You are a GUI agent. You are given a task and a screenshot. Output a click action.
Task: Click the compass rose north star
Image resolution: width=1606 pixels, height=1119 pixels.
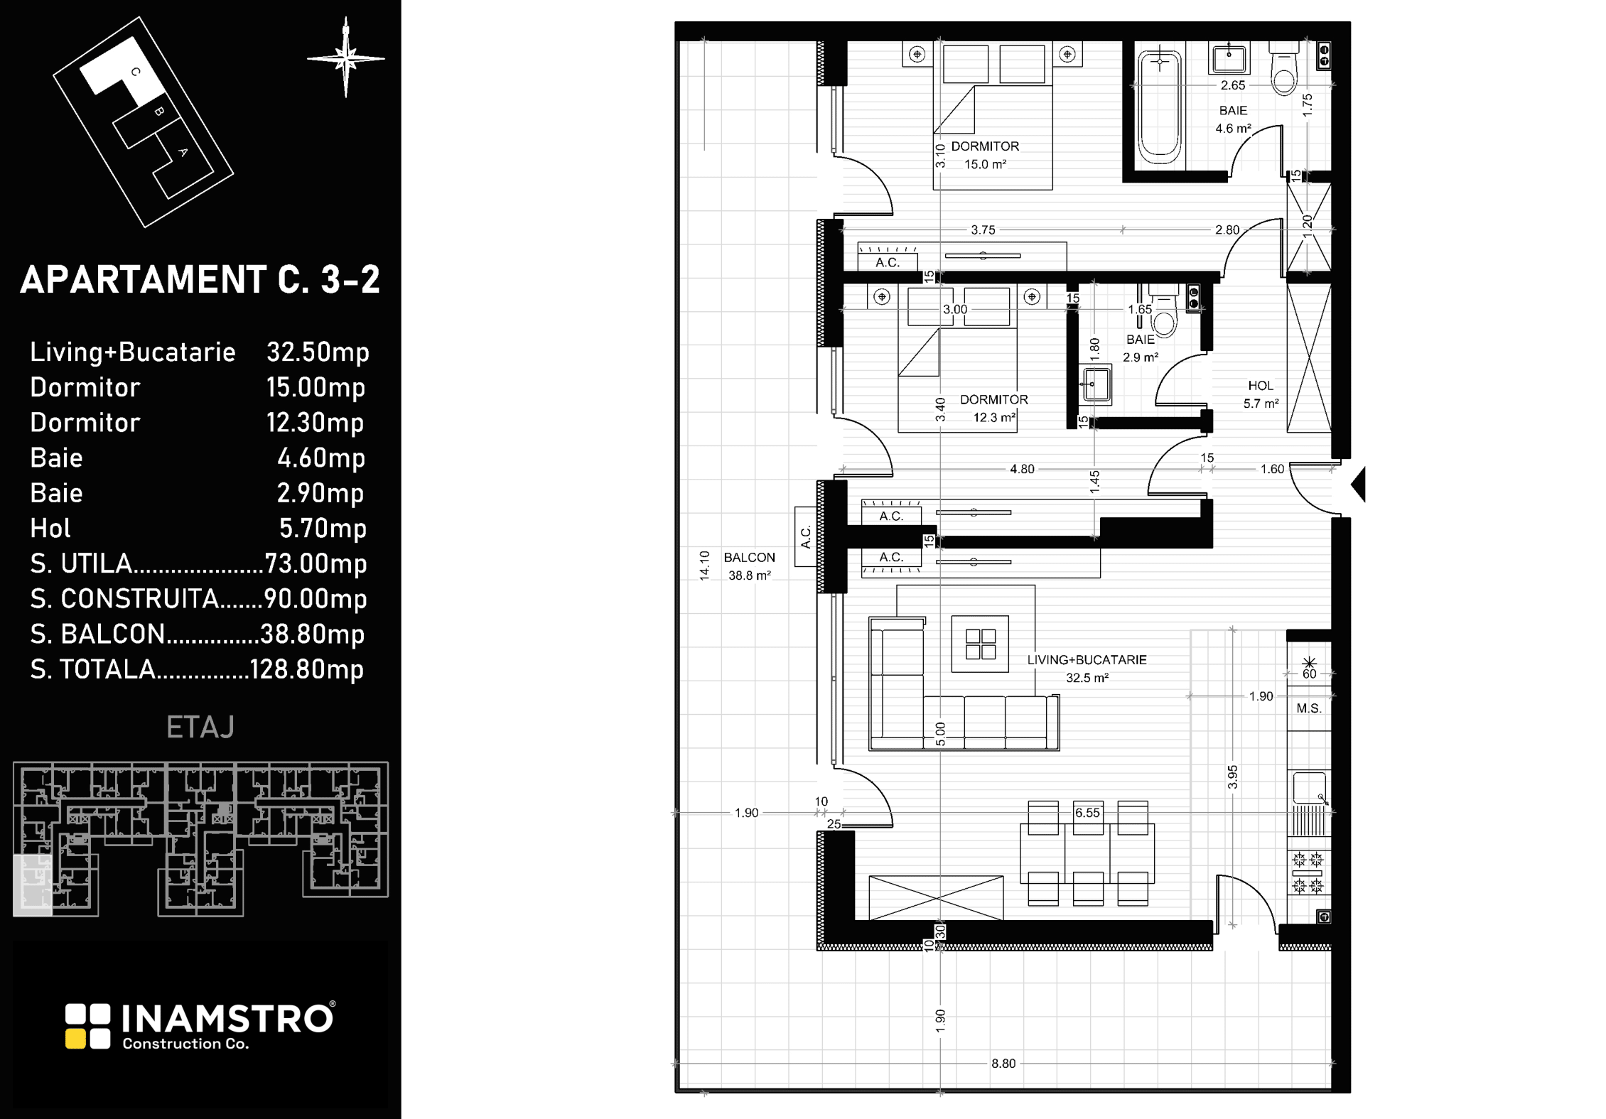point(346,58)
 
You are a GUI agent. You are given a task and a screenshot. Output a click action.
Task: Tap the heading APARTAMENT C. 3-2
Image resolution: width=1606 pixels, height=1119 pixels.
point(200,279)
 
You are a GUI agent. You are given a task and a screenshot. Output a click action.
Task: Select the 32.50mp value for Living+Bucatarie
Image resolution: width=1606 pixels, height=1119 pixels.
point(318,352)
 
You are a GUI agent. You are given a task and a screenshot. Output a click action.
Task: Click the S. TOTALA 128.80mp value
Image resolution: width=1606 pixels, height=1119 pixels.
point(307,669)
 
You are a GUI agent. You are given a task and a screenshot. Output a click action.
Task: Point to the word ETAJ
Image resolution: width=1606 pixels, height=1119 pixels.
point(200,728)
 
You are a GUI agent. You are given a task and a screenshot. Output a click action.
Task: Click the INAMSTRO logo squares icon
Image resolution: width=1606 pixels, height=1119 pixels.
point(88,1026)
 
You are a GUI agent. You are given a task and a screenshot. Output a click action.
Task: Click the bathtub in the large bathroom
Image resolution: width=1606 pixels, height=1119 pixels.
point(1160,103)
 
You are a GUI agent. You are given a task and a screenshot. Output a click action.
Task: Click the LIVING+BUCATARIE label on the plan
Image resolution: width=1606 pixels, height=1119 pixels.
point(1087,660)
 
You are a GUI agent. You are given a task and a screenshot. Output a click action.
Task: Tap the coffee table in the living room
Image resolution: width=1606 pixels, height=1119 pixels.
point(980,644)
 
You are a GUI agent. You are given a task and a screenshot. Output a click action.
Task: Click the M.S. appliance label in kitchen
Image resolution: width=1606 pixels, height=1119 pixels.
point(1309,708)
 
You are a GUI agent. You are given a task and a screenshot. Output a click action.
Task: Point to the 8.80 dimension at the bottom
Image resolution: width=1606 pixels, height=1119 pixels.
point(1003,1064)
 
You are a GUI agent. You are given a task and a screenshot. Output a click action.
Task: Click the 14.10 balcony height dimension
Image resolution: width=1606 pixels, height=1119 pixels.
point(705,566)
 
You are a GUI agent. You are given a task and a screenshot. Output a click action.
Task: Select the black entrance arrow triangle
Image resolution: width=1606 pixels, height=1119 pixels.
point(1358,485)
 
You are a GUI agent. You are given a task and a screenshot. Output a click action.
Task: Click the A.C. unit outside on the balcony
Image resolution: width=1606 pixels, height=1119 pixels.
point(806,536)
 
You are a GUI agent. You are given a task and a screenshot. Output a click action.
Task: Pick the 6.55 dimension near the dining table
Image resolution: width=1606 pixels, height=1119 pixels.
point(1087,813)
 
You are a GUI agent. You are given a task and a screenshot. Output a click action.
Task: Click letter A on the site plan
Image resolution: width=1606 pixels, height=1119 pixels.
point(183,152)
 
